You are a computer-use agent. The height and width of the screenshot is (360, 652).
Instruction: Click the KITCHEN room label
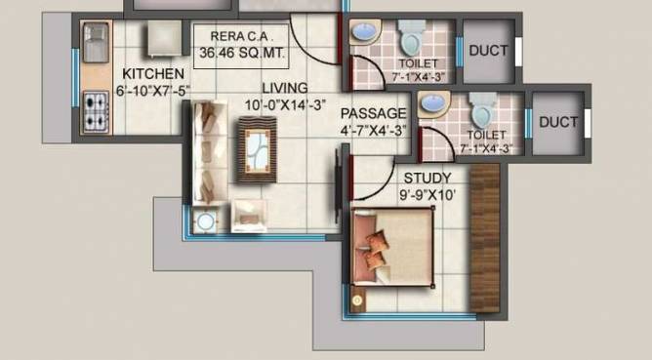pos(153,74)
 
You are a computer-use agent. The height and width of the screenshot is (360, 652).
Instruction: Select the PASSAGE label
pos(373,112)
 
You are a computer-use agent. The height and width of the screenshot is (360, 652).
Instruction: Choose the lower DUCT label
pos(558,122)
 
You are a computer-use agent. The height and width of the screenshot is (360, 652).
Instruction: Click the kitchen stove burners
pos(97,106)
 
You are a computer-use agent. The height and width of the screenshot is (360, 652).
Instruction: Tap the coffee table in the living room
pos(257,150)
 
